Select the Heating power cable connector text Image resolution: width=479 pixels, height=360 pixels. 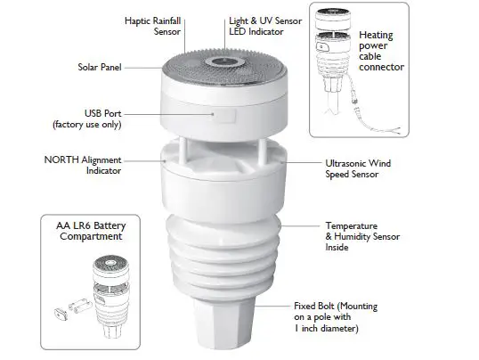coord(381,52)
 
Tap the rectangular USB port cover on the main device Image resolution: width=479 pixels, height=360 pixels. coord(226,116)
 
